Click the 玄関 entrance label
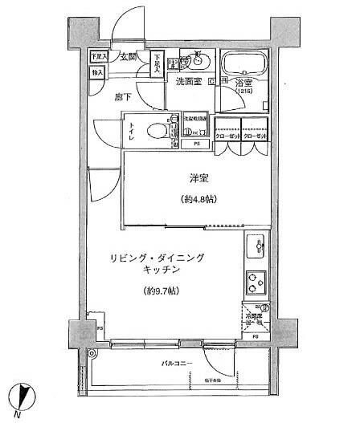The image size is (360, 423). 129,57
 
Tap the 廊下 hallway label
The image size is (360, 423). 123,96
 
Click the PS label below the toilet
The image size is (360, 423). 195,144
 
